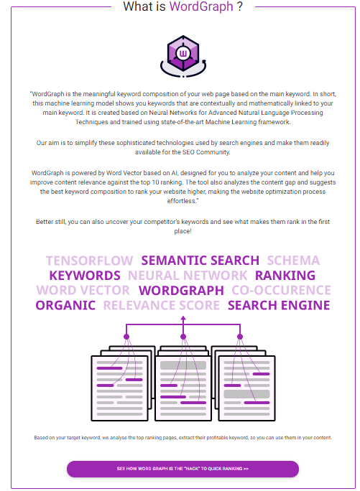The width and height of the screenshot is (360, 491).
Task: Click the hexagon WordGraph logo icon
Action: (183, 52)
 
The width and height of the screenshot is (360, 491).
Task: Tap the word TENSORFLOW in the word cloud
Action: (90, 261)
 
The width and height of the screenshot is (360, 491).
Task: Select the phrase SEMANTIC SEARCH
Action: (200, 261)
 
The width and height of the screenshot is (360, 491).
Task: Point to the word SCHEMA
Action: (293, 261)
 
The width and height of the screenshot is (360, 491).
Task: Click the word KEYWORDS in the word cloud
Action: (85, 276)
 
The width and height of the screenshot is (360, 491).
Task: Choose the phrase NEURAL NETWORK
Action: (188, 276)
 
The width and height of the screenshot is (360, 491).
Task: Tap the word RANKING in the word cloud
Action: (285, 276)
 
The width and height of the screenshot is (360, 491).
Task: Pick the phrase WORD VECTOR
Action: (83, 291)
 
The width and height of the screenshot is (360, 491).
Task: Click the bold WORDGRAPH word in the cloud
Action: (181, 291)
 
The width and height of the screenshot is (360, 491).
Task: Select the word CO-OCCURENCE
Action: (281, 291)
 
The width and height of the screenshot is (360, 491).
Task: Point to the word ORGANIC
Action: (65, 306)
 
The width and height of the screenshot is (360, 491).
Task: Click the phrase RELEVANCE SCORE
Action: (162, 306)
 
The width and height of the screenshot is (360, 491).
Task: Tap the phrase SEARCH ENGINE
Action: (279, 306)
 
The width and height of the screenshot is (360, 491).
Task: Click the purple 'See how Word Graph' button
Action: (183, 469)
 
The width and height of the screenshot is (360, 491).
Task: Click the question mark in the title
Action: (239, 7)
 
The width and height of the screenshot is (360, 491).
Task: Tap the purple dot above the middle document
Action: (183, 336)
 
